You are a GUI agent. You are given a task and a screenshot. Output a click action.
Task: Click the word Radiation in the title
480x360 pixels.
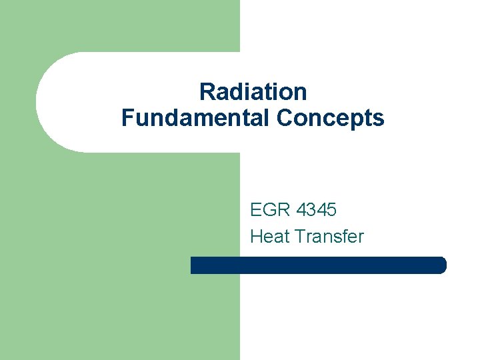253,91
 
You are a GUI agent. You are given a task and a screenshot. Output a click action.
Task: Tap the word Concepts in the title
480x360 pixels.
330,118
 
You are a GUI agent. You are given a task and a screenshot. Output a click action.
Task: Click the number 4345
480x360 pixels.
317,210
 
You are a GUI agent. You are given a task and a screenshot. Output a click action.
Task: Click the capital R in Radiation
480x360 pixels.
207,91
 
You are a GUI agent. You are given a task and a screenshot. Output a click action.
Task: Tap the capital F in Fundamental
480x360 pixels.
127,118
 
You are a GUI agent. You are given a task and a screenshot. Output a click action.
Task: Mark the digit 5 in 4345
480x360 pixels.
331,210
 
